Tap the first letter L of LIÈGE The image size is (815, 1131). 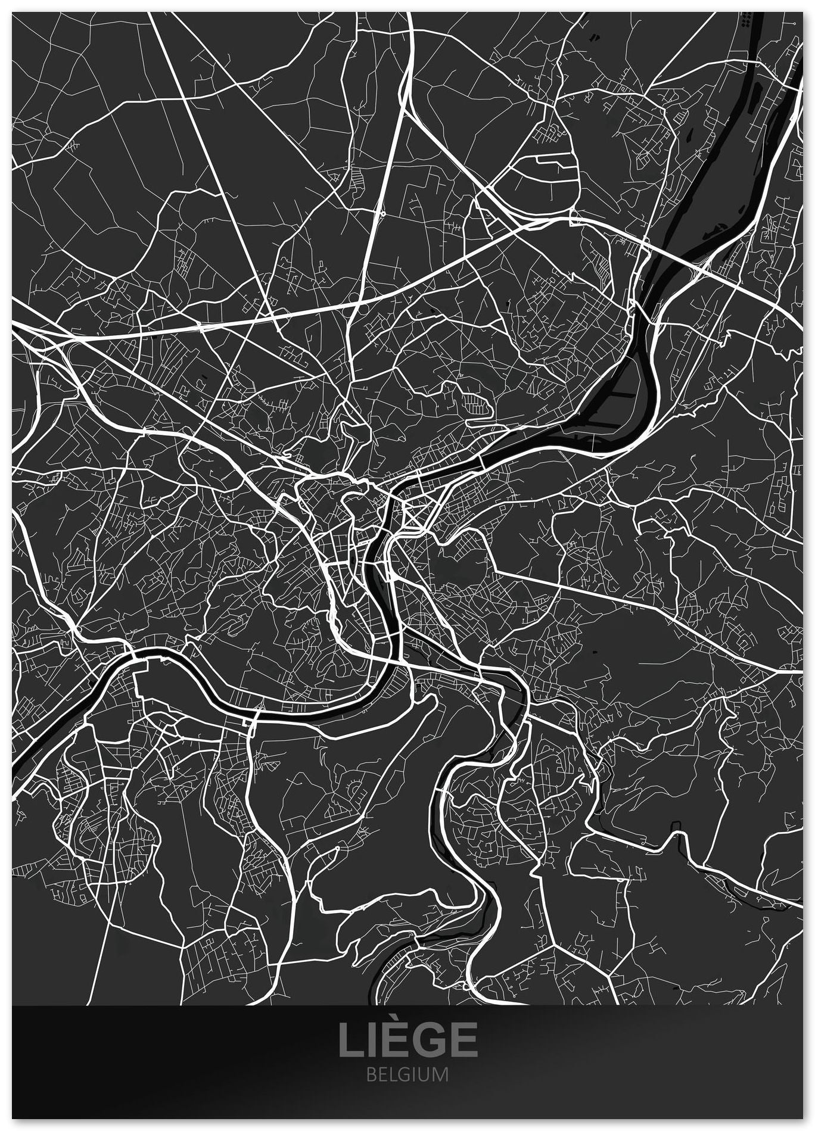350,1038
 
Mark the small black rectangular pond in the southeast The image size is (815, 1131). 676,828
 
